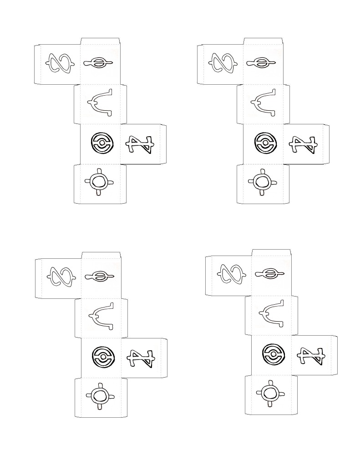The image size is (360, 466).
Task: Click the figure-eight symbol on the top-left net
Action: point(60,63)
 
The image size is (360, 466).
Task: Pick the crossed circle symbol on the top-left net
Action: point(99,182)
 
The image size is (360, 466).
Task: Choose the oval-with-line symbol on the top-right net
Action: point(262,63)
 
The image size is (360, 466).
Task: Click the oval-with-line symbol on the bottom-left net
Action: point(100,276)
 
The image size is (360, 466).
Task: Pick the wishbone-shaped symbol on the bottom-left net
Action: point(101,316)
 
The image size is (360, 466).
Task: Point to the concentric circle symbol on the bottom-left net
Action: point(102,356)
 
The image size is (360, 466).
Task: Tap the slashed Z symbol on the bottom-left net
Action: point(141,358)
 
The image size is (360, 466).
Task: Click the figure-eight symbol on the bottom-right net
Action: point(231,274)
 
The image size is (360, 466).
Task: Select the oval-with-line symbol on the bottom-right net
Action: point(270,273)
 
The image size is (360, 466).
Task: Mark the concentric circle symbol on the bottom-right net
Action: point(273,354)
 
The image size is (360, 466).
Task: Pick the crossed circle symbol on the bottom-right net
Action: point(270,393)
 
